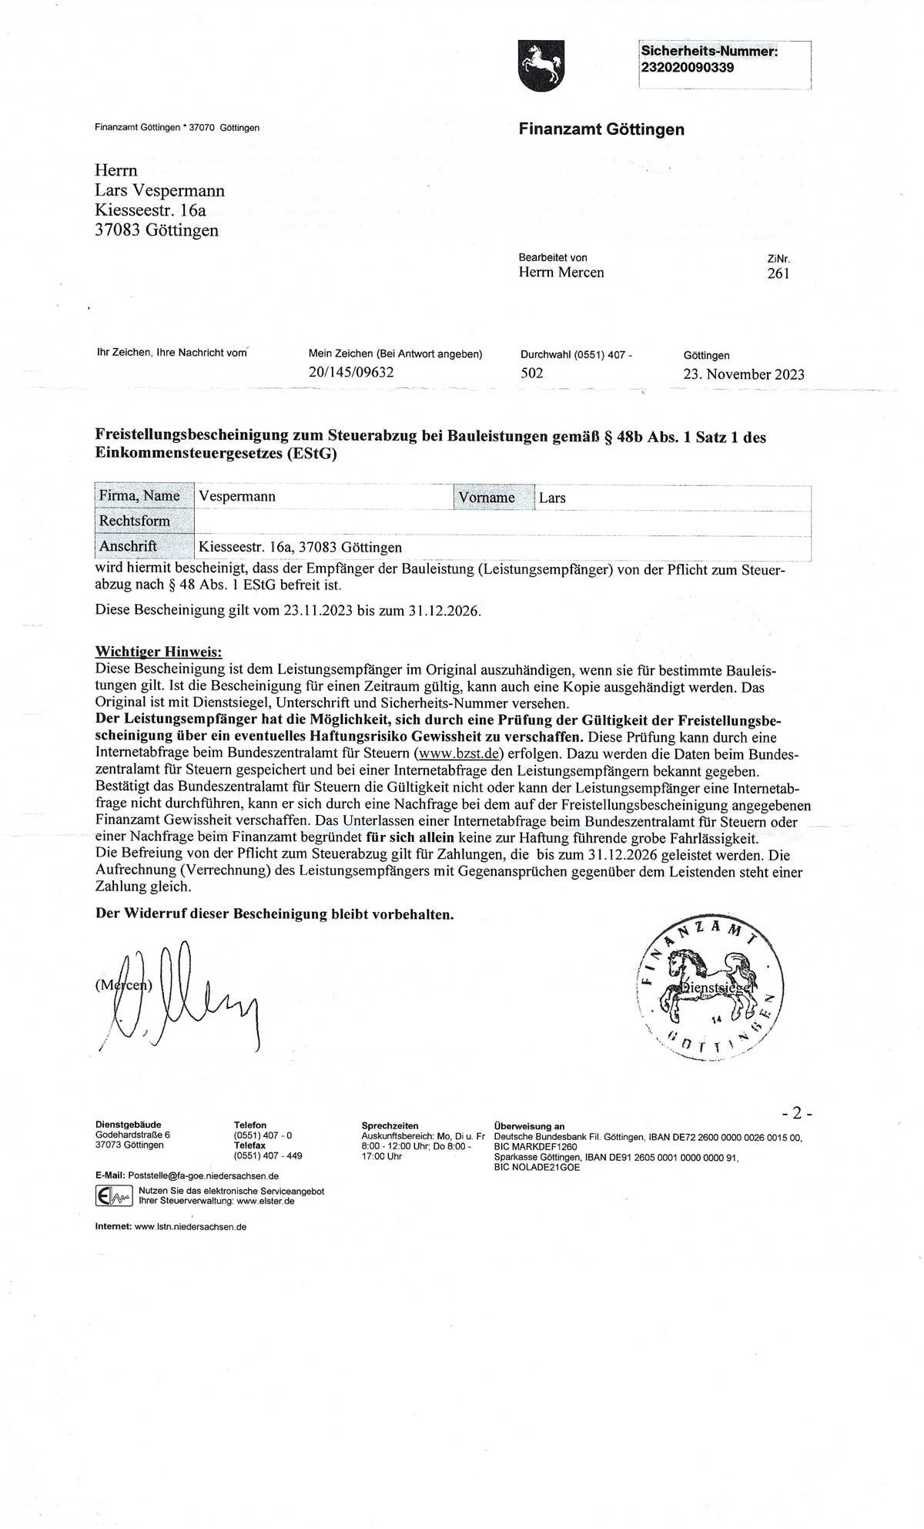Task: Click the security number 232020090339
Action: [x=687, y=68]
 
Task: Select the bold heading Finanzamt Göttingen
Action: [x=601, y=129]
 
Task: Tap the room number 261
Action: [x=778, y=273]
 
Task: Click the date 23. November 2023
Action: [x=743, y=374]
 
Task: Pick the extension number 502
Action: [x=532, y=374]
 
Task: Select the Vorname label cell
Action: [x=486, y=498]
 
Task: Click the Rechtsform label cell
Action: [x=134, y=521]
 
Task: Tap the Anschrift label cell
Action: [x=128, y=546]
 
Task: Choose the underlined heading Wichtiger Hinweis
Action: [x=158, y=652]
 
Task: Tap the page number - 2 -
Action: [x=796, y=1113]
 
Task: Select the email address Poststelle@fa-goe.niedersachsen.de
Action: [x=202, y=1176]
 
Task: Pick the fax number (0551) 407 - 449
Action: [x=267, y=1155]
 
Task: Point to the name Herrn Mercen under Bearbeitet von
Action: [x=561, y=273]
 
